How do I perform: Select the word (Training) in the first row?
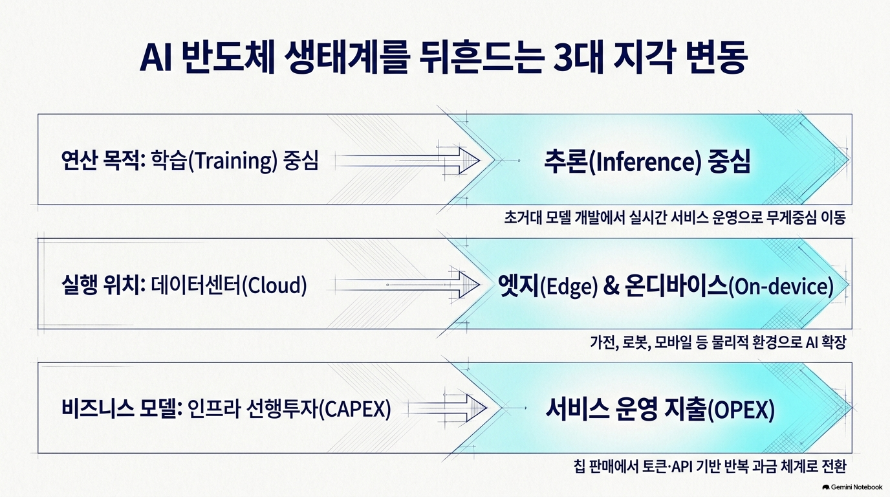pos(232,161)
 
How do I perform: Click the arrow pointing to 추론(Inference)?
pos(407,160)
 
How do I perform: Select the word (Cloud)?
pos(274,286)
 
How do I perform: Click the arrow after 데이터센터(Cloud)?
pos(407,285)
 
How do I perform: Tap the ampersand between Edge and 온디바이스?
pos(611,286)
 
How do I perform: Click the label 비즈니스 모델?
pos(122,409)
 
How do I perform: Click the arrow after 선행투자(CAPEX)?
pos(445,408)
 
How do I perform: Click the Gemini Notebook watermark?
pos(852,487)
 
